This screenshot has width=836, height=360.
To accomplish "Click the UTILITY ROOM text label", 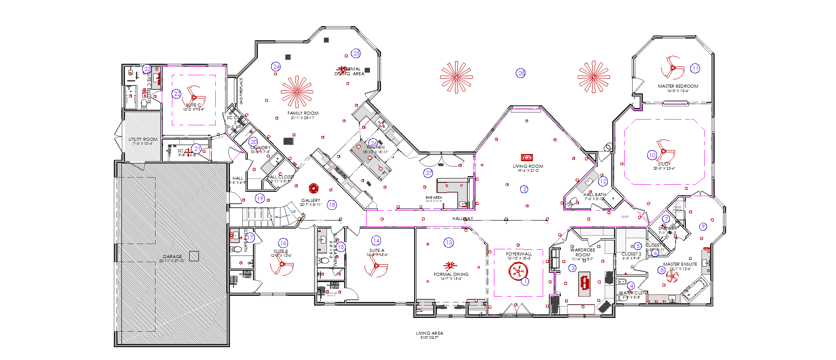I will (143, 139).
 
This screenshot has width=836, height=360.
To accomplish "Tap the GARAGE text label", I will (172, 257).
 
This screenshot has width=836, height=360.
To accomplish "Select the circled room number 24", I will (276, 66).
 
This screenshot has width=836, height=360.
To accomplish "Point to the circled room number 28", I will (521, 73).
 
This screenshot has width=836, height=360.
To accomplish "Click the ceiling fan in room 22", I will (194, 97).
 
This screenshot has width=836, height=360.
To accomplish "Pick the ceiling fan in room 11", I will (673, 68).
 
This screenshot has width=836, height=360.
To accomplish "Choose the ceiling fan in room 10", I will (663, 151).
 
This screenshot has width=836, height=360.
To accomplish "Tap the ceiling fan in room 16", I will (281, 264).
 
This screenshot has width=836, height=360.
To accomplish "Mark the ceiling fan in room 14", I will (376, 266).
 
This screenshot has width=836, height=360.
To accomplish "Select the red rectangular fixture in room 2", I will (526, 157).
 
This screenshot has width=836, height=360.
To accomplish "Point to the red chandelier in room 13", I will (450, 266).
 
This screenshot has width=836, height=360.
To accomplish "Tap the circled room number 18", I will (332, 205).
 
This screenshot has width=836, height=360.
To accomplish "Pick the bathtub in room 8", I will (696, 289).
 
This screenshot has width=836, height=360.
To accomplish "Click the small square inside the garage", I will (194, 256).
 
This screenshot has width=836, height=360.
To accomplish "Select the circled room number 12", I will (603, 181).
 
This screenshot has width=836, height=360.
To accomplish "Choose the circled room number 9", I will (703, 227).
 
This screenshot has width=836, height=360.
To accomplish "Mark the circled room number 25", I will (356, 53).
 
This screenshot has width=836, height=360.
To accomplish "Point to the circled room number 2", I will (525, 189).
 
